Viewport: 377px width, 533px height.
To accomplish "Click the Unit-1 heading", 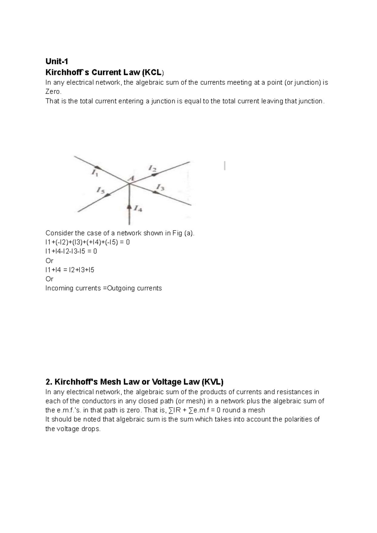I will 57,62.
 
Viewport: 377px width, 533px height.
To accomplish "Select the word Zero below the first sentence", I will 53,92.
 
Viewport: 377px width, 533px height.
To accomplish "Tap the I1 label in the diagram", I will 95,172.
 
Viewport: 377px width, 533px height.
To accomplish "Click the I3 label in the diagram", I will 160,188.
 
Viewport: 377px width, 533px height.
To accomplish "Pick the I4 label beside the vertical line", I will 138,208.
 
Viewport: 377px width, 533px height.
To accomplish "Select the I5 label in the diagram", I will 100,190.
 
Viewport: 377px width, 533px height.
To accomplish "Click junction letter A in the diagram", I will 131,178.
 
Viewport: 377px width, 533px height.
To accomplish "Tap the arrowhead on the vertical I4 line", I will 129,206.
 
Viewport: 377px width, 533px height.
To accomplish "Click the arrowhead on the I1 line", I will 98,167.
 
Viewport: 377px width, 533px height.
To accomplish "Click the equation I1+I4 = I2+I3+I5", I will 70,270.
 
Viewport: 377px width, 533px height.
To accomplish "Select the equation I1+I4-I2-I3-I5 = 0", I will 71,251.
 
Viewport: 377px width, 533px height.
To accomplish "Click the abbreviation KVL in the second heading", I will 212,382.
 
